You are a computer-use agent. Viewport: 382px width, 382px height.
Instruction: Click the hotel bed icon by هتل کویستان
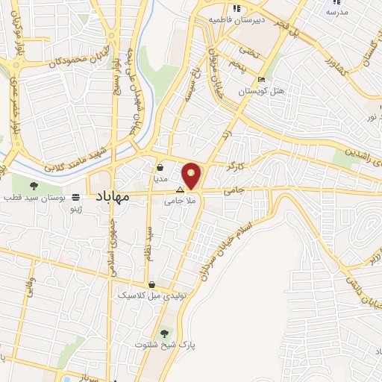(260, 80)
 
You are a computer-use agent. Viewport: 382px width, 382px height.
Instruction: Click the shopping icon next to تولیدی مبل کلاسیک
(151, 284)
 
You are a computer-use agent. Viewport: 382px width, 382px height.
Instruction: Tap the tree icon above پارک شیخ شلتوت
(164, 333)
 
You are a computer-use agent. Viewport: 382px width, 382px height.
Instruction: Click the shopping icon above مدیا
(161, 167)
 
